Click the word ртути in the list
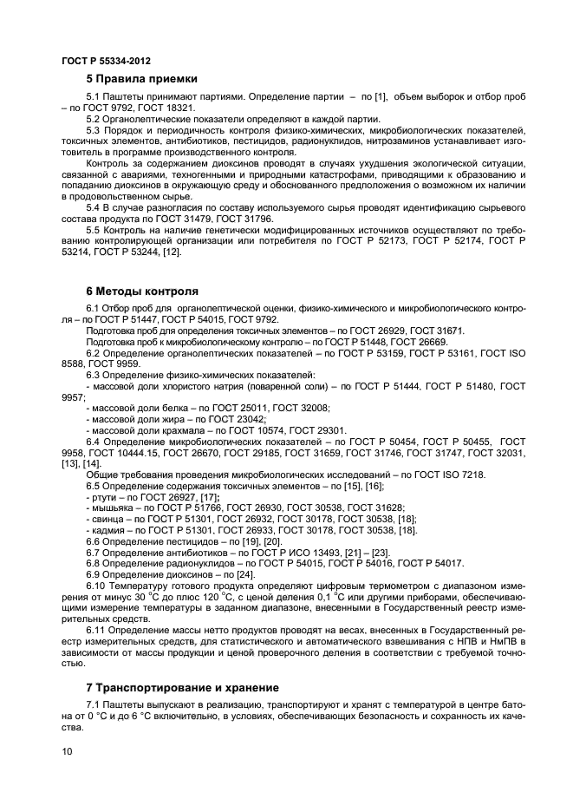[x=105, y=496]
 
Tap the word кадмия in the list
[x=107, y=530]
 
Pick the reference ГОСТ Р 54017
[x=433, y=564]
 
